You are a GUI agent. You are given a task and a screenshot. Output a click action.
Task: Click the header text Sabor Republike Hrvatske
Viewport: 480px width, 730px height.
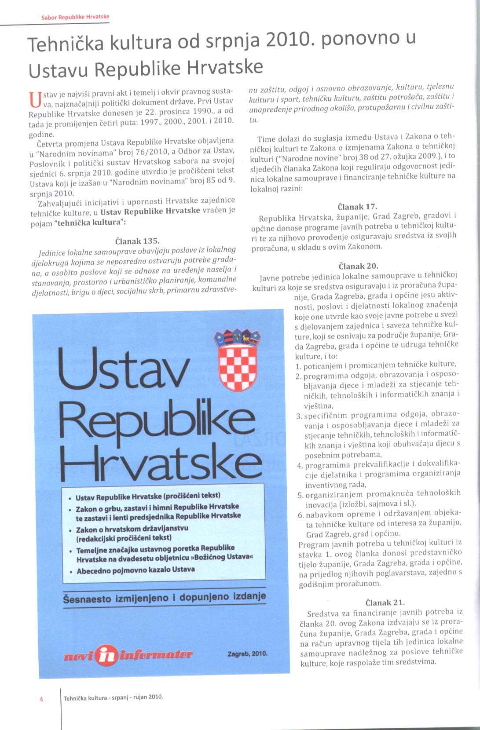(x=75, y=17)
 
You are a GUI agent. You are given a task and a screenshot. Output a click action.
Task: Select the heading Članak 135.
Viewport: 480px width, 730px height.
(x=137, y=241)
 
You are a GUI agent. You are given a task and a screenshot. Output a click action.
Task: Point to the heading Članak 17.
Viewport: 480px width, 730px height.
(x=357, y=206)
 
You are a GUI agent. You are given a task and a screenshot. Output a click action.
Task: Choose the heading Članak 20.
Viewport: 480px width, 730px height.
(x=358, y=266)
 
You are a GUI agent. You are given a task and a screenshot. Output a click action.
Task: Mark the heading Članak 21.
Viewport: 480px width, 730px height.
(x=385, y=602)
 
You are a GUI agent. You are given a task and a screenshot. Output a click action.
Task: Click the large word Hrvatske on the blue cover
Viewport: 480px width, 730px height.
(x=161, y=462)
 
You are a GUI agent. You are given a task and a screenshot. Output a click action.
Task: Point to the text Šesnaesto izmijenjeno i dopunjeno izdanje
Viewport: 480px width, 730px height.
(x=165, y=598)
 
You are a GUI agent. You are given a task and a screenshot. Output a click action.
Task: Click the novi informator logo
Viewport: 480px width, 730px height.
(x=128, y=655)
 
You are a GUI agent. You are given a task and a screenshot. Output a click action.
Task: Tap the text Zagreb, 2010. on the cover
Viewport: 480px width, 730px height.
(x=247, y=653)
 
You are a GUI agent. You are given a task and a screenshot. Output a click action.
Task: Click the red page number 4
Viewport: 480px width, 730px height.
(x=41, y=699)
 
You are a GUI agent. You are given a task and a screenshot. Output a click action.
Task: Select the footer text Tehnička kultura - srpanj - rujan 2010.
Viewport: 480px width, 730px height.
(x=114, y=697)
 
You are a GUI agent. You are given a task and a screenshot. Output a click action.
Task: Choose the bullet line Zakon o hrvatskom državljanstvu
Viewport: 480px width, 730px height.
(x=132, y=529)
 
